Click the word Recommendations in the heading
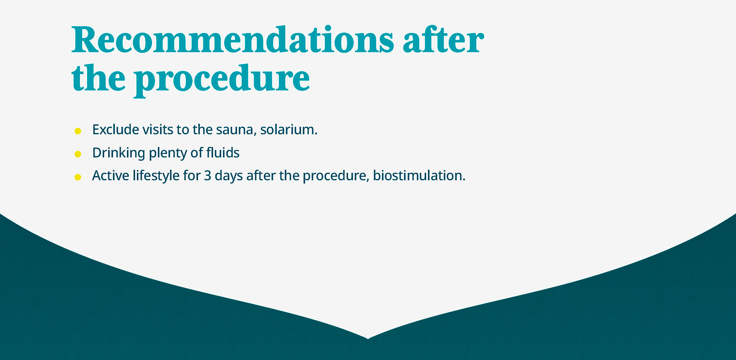click(233, 40)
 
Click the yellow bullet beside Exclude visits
click(78, 131)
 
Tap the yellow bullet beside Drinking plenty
click(78, 154)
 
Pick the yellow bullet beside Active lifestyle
click(78, 177)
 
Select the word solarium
click(288, 130)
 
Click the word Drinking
click(119, 153)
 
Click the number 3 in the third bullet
click(208, 176)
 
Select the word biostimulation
click(419, 176)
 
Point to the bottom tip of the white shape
click(368, 338)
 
